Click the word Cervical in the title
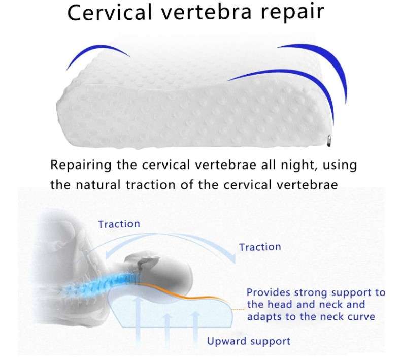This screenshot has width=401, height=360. tap(110, 12)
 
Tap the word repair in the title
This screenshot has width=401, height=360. tap(292, 12)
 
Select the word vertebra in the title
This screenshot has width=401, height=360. tap(207, 12)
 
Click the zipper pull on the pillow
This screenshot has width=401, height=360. tap(328, 141)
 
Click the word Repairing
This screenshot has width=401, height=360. tap(81, 166)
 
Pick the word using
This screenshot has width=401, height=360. tap(340, 166)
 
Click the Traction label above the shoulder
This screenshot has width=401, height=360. tap(119, 224)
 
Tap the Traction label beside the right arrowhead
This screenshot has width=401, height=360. tap(260, 247)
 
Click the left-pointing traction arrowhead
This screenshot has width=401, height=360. tap(109, 255)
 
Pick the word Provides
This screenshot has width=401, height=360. tap(269, 292)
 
